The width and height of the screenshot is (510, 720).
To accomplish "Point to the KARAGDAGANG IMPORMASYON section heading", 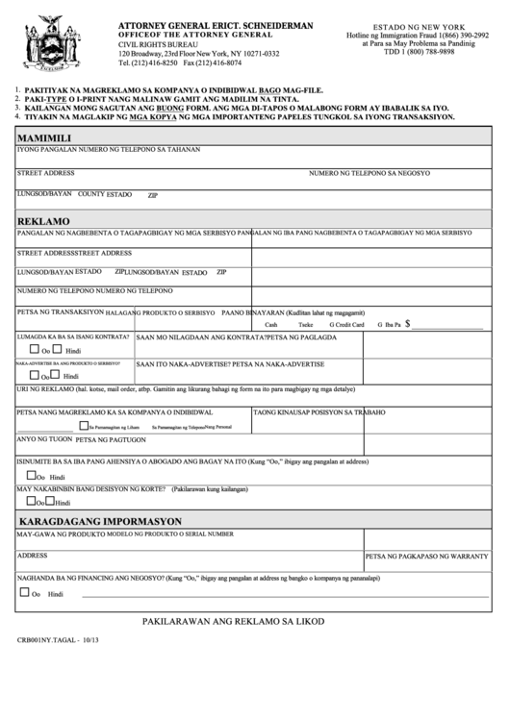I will pyautogui.click(x=101, y=521).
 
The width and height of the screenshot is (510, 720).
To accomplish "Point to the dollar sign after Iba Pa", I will pyautogui.click(x=408, y=325).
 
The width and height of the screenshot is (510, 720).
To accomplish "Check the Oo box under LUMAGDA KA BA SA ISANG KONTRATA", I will pyautogui.click(x=22, y=350).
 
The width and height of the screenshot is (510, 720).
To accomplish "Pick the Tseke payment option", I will pyautogui.click(x=305, y=326).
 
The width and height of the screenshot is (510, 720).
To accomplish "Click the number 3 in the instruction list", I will pyautogui.click(x=17, y=108).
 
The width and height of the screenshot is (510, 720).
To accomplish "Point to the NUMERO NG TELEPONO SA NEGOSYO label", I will pyautogui.click(x=370, y=173).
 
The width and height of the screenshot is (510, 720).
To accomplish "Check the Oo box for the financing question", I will pyautogui.click(x=22, y=592).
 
